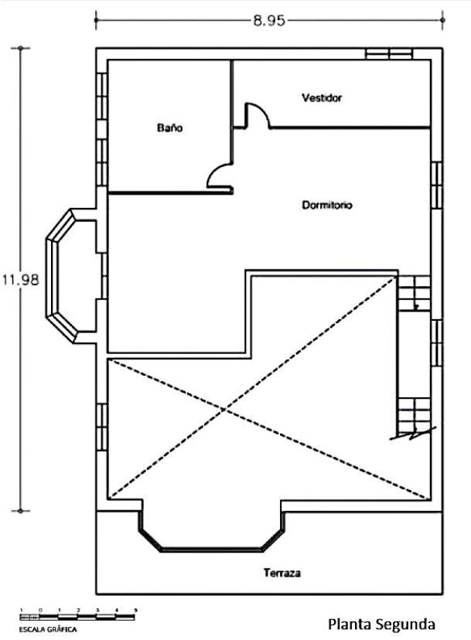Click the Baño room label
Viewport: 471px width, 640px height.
point(169,128)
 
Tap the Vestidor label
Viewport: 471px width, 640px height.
point(322,98)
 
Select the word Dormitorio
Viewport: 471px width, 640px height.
point(327,205)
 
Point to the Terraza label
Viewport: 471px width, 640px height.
point(282,573)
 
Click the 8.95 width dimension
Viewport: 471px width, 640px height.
point(269,20)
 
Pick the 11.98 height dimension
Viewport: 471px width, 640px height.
point(20,280)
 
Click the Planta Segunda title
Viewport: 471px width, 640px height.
point(381,624)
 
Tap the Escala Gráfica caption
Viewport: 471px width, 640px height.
point(48,629)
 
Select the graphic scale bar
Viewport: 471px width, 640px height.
point(77,617)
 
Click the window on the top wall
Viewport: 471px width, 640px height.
point(389,54)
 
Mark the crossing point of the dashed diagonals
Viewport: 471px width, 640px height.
point(225,409)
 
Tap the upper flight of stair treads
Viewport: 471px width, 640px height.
point(415,293)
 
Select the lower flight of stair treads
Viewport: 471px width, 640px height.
point(415,415)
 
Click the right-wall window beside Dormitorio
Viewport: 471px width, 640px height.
point(437,186)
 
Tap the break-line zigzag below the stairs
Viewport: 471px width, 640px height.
point(412,434)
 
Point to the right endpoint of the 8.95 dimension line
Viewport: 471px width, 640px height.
point(442,20)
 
